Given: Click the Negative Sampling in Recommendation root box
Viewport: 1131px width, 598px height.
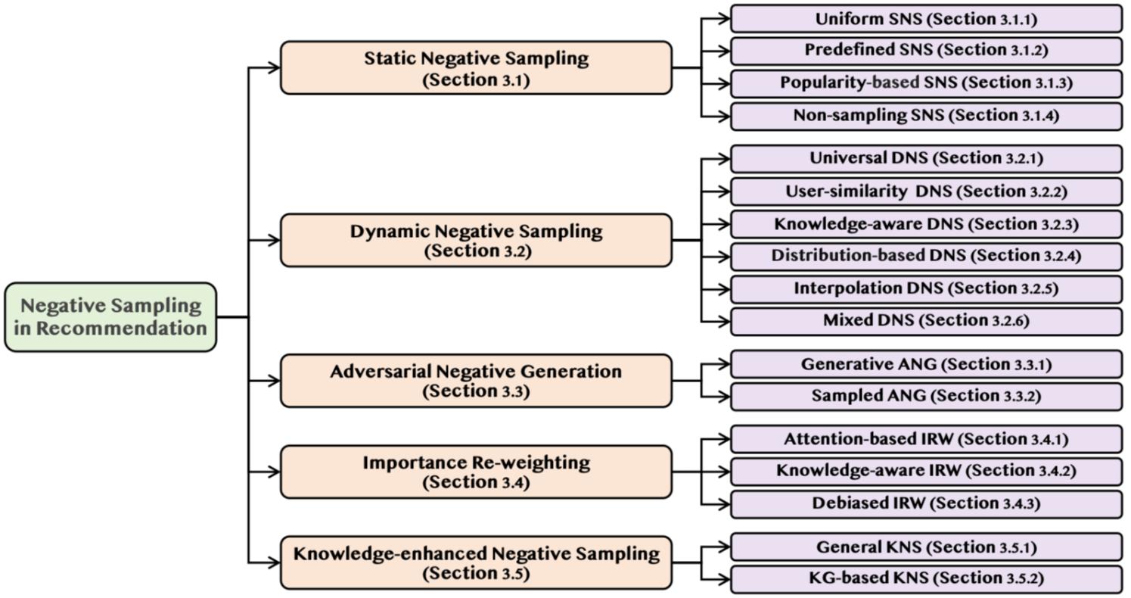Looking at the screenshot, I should (110, 317).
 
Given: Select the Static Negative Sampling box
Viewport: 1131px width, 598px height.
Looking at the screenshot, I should (476, 68).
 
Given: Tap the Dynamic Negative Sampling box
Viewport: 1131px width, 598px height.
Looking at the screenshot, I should (476, 240).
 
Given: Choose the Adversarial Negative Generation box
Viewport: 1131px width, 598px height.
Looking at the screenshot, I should (476, 381).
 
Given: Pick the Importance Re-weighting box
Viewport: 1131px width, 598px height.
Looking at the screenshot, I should (476, 472).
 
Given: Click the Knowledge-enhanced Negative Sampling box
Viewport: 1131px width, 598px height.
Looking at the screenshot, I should (476, 562).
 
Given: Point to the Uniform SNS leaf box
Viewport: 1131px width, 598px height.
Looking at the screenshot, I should (926, 19).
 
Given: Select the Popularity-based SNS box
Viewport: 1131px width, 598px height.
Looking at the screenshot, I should (926, 83).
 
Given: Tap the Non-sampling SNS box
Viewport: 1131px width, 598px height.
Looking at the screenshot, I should (926, 116).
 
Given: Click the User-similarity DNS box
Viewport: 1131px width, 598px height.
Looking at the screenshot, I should (926, 192).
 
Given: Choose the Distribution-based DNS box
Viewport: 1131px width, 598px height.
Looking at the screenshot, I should (926, 256).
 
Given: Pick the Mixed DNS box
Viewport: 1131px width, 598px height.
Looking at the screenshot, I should (926, 321).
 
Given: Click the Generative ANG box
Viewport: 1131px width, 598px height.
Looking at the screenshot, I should (926, 365).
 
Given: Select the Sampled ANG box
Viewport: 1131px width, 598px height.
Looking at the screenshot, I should (926, 396).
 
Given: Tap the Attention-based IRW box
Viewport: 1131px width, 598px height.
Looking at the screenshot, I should (926, 439).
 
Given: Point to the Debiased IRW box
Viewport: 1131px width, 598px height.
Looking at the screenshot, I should (926, 503).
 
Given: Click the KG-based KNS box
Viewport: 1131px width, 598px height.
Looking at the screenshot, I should (926, 579).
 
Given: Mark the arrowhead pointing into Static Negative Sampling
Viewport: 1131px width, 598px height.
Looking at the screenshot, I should (274, 68).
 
